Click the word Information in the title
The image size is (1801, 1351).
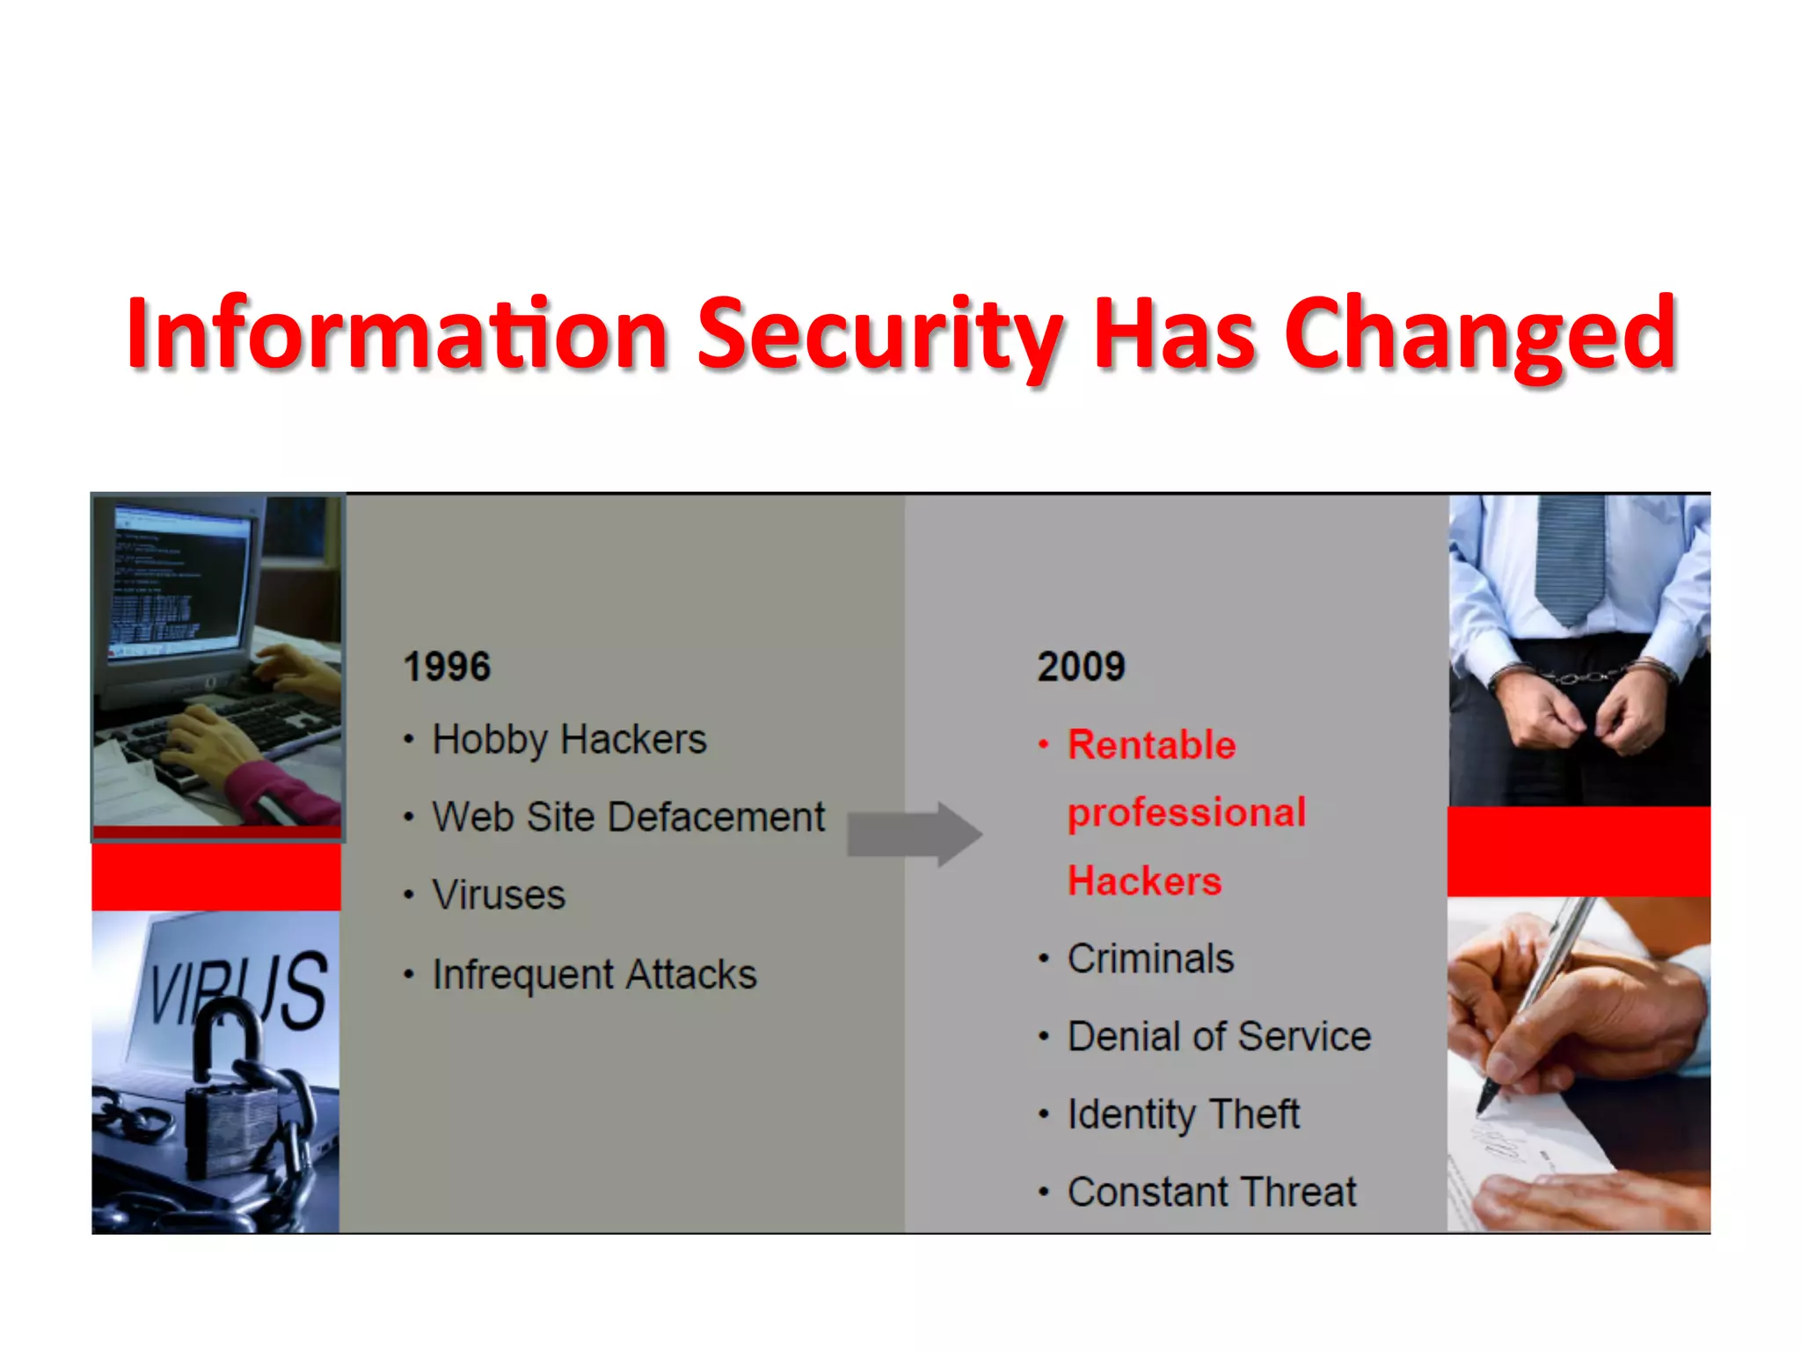pyautogui.click(x=396, y=334)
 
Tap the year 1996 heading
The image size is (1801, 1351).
pyautogui.click(x=447, y=666)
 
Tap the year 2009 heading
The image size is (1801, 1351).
pyautogui.click(x=1081, y=666)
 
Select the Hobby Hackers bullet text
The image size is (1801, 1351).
pyautogui.click(x=569, y=740)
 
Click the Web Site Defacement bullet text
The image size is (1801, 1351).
pyautogui.click(x=628, y=817)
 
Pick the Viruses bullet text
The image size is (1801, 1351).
pyautogui.click(x=499, y=895)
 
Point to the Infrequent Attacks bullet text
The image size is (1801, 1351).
pyautogui.click(x=594, y=975)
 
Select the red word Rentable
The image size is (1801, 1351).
pyautogui.click(x=1151, y=745)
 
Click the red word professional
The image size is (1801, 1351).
pyautogui.click(x=1186, y=813)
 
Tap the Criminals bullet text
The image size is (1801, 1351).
pyautogui.click(x=1150, y=959)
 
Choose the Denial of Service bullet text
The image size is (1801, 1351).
pyautogui.click(x=1219, y=1036)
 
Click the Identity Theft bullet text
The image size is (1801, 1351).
pyautogui.click(x=1183, y=1114)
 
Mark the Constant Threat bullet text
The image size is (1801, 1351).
pyautogui.click(x=1212, y=1193)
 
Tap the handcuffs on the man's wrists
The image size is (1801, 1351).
pyautogui.click(x=1583, y=676)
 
